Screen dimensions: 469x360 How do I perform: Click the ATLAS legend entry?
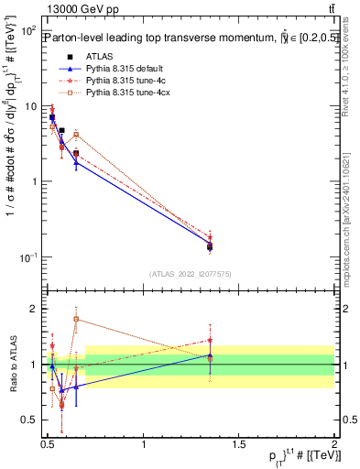point(100,57)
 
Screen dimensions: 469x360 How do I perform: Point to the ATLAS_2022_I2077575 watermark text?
point(191,274)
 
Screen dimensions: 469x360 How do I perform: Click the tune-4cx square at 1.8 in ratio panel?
point(76,320)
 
